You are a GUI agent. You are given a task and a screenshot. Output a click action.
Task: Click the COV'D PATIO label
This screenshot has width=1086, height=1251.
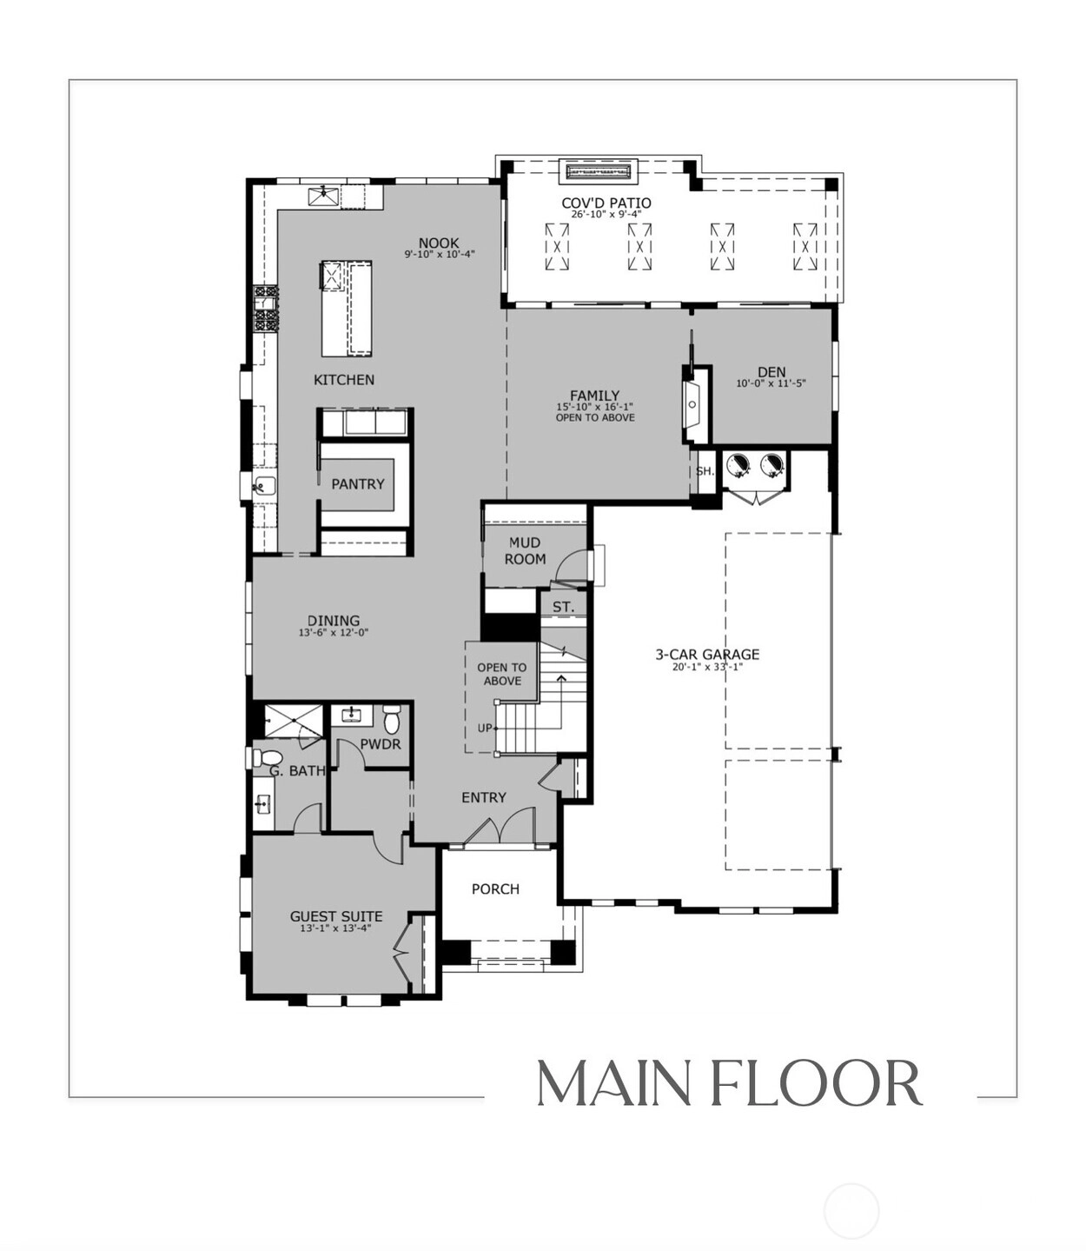coord(606,203)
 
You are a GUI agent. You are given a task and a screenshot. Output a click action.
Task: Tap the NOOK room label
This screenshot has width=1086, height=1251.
coord(439,243)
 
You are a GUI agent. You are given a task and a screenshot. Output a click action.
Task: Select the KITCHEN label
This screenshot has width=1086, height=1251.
coord(344,380)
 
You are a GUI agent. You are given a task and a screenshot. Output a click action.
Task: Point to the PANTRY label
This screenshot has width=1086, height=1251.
coord(358,483)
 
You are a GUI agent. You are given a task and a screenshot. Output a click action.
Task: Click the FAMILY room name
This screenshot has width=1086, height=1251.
coord(595,396)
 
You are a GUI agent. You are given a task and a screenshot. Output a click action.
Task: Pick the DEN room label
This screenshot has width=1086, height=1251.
coord(771,372)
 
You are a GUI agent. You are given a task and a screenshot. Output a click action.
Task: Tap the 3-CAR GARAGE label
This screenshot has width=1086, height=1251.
coord(707,655)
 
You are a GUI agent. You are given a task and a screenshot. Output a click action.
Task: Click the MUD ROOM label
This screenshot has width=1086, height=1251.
coord(526,550)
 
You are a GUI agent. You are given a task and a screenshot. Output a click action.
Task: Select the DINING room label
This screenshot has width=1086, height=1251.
coord(334,621)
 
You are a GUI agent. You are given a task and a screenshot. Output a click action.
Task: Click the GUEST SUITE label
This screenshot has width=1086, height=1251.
coord(336,916)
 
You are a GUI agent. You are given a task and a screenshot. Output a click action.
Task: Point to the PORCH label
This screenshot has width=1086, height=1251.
coord(495,888)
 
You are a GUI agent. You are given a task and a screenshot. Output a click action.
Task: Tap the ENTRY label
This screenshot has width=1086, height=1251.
coord(484,797)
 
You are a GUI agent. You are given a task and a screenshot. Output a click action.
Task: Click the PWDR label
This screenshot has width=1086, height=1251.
coord(381,744)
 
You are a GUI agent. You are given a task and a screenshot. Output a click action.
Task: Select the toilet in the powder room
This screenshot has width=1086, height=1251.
coord(391,719)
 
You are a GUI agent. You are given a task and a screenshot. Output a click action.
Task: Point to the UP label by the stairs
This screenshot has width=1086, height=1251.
coord(485,729)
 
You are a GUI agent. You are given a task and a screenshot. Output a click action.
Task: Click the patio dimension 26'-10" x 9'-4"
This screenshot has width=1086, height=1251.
coord(606,215)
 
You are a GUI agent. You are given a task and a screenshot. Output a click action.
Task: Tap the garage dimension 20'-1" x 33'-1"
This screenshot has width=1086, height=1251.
coord(707,667)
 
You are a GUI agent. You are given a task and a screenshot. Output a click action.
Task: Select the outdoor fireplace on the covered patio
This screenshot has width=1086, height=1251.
coord(599,171)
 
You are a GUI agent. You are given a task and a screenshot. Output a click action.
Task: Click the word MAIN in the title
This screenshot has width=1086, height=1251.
coord(613,1083)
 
